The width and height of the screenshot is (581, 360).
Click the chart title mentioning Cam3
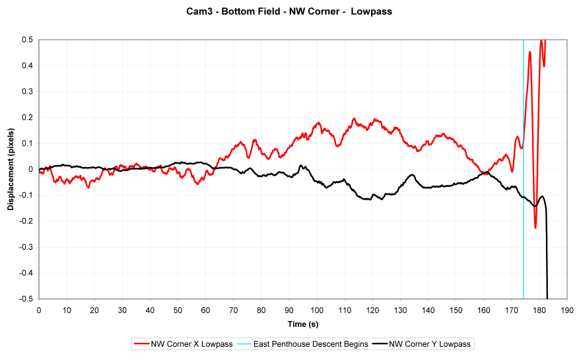click(290, 12)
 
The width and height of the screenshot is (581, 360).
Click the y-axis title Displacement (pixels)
click(11, 169)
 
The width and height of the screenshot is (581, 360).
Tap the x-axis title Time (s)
click(303, 324)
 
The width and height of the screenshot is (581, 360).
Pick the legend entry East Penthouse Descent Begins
click(303, 343)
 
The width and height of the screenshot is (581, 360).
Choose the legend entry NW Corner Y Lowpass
click(423, 343)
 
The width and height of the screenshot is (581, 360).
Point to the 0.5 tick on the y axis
click(28, 40)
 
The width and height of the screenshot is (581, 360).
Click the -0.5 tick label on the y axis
click(26, 299)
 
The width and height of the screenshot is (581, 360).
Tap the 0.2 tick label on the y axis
click(28, 118)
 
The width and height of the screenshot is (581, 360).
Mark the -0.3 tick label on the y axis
click(26, 247)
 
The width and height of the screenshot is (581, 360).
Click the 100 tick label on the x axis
click(317, 309)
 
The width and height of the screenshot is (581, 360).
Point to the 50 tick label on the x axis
click(178, 309)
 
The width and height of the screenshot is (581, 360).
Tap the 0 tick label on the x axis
click(39, 309)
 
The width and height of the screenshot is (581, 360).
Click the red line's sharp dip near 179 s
click(535, 227)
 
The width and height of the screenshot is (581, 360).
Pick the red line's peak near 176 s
click(530, 52)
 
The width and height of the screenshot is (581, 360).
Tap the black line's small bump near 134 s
click(412, 175)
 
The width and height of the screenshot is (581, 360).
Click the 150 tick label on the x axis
click(456, 309)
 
